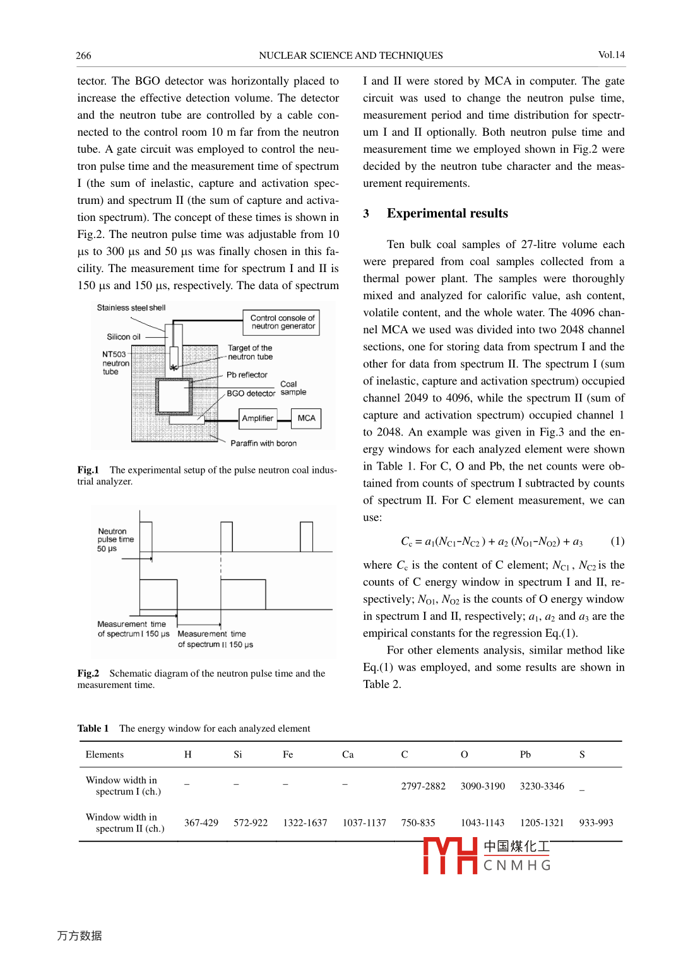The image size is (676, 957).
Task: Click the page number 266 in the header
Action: [83, 56]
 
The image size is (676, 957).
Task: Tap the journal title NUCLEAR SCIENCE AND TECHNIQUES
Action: [350, 56]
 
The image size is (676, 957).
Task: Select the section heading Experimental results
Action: [447, 213]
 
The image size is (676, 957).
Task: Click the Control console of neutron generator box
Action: [282, 322]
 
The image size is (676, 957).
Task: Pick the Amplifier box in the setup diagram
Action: [258, 419]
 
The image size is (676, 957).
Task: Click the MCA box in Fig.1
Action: [306, 419]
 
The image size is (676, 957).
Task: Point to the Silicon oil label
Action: [124, 337]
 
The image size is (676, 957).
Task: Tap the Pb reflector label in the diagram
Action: [247, 375]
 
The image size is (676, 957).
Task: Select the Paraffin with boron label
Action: [263, 444]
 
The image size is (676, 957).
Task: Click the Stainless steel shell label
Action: [131, 308]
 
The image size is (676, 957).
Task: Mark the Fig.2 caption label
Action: [88, 674]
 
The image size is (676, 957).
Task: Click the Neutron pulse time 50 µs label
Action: [116, 540]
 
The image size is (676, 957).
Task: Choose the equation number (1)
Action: [617, 542]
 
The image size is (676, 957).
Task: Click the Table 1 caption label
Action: [93, 728]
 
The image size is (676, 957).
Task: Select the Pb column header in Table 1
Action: [525, 755]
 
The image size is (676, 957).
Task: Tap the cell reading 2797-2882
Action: [423, 787]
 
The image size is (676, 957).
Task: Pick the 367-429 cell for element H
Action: [201, 823]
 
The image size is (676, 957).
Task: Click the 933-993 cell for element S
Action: [596, 823]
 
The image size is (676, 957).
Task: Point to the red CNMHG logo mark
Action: [450, 856]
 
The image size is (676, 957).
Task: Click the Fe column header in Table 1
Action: [288, 755]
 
